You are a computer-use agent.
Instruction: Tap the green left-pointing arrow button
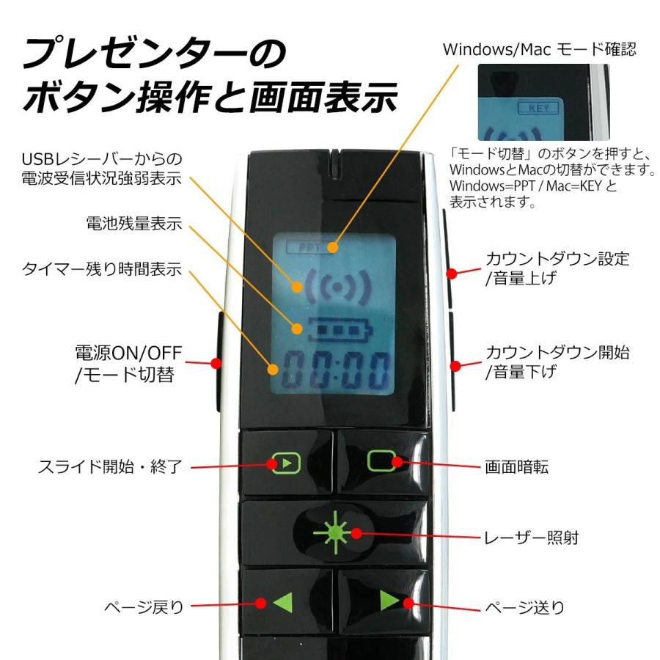(x=282, y=604)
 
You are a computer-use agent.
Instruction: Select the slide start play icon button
(x=286, y=463)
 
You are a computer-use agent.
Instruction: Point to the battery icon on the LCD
(x=324, y=330)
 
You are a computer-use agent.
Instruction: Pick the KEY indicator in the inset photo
(x=538, y=108)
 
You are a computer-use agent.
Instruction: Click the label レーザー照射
(x=532, y=538)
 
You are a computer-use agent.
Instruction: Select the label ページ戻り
(x=143, y=606)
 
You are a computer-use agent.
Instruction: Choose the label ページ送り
(x=525, y=606)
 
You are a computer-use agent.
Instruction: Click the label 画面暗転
(x=516, y=466)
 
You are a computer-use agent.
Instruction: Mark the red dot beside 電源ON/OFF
(x=216, y=363)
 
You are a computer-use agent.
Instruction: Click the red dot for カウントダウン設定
(x=452, y=274)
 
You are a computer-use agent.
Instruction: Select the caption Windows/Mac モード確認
(x=539, y=49)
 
